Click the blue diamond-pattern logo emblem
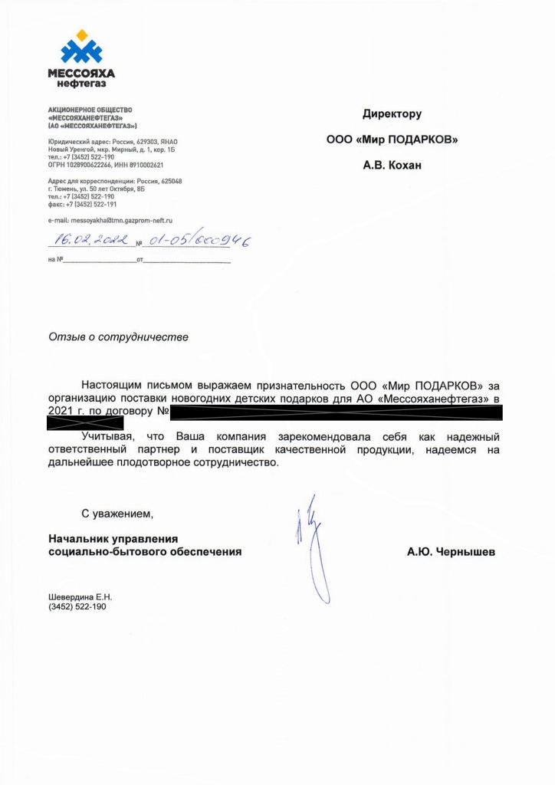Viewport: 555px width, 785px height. tap(80, 48)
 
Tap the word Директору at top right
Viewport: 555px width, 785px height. tap(392, 114)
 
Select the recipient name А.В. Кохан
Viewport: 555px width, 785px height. tap(392, 165)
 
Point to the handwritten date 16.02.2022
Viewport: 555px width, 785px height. tap(90, 241)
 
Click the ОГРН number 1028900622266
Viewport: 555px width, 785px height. tap(88, 165)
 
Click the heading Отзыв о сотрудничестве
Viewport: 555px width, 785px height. tap(117, 336)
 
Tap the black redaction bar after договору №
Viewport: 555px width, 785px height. tap(335, 413)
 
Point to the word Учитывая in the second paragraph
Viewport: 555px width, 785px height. tap(108, 436)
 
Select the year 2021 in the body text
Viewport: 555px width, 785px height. tap(60, 412)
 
